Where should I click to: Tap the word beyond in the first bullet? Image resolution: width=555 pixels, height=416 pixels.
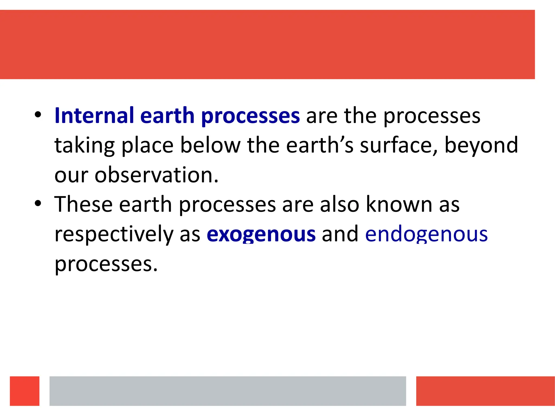pos(481,145)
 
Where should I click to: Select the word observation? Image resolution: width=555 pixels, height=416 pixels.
pos(156,175)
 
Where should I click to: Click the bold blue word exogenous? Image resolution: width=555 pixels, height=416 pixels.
pos(261,234)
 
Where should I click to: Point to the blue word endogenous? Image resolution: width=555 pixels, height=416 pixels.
pos(426,234)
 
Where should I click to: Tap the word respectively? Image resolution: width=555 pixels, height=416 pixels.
pos(114,234)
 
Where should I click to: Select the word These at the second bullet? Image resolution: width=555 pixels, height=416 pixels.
pos(83,204)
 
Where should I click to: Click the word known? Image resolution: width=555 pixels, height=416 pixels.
pos(399,204)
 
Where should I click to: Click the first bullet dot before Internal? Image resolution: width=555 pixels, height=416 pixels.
pos(38,115)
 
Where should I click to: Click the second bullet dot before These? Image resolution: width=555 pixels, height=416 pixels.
pos(38,203)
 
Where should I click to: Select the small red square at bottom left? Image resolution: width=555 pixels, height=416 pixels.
pos(25,391)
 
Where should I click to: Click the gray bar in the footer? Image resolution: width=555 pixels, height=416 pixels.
pos(228,391)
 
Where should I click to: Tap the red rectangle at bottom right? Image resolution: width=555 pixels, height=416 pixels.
pos(485,391)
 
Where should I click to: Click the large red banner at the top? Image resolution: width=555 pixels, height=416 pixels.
pos(267,44)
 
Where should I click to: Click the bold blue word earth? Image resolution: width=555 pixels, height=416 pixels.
pos(167,116)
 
